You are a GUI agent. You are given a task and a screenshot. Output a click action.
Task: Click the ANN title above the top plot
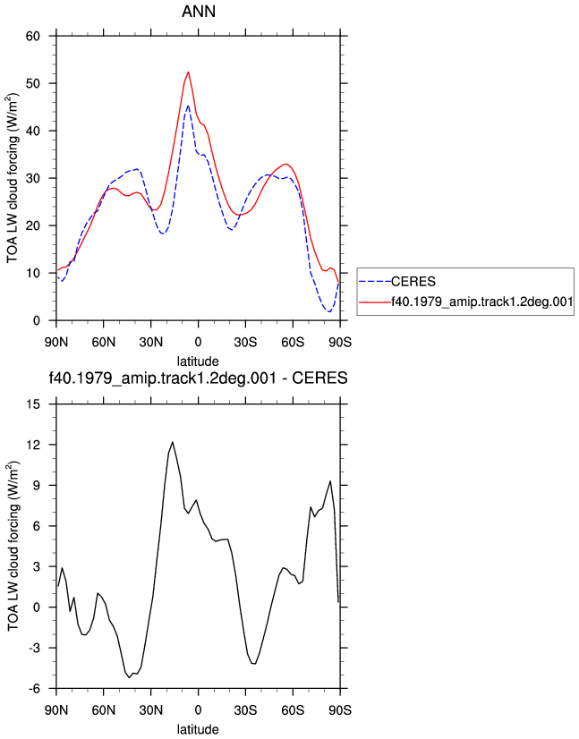click(x=199, y=12)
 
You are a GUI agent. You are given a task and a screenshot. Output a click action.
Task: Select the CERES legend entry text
click(x=413, y=282)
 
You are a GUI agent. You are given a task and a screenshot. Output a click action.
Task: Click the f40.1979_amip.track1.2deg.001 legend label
click(x=481, y=302)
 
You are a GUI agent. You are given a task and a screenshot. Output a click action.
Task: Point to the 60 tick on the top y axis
click(x=33, y=36)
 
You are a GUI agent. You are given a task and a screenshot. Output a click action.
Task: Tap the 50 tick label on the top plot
click(x=33, y=83)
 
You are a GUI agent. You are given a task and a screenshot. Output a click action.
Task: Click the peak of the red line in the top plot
click(x=188, y=72)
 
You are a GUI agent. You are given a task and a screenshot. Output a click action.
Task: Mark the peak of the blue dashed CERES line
click(x=188, y=106)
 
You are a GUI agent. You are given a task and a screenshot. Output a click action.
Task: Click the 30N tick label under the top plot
click(x=151, y=342)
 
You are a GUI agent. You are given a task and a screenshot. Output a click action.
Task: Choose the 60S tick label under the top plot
click(x=293, y=342)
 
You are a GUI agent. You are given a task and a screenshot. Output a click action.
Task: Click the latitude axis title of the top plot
click(x=198, y=361)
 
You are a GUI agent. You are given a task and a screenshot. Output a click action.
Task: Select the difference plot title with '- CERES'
click(x=198, y=378)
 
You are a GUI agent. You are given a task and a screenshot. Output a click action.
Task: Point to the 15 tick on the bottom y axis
click(x=34, y=403)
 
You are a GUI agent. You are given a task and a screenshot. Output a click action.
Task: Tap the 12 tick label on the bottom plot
click(x=34, y=445)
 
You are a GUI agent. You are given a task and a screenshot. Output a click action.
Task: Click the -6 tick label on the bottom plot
click(x=33, y=689)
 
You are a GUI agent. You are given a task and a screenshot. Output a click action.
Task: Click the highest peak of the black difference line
click(x=173, y=442)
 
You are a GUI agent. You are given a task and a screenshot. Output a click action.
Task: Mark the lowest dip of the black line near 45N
click(x=129, y=677)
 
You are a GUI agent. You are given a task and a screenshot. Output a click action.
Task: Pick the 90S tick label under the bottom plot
click(x=340, y=709)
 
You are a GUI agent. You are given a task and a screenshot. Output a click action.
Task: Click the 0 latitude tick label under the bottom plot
click(x=198, y=709)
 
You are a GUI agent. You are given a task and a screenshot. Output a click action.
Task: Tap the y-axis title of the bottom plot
click(x=13, y=547)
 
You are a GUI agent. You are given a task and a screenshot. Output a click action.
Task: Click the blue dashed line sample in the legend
click(x=375, y=282)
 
